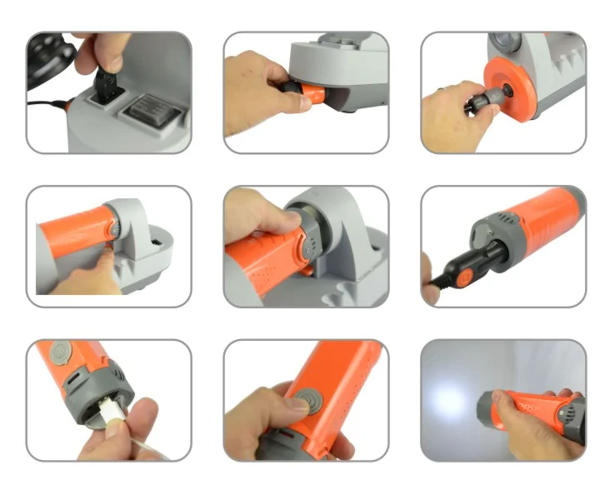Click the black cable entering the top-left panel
pyautogui.click(x=46, y=104)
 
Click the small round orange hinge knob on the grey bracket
pyautogui.click(x=111, y=229)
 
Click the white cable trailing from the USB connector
pyautogui.click(x=145, y=451)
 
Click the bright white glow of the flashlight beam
pyautogui.click(x=451, y=399)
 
